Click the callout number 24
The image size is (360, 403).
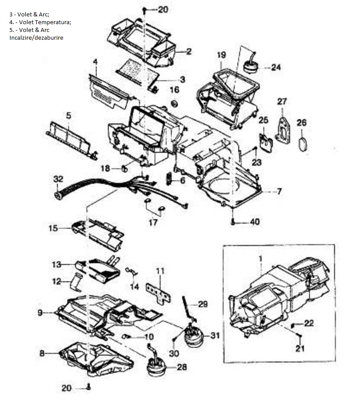pyautogui.click(x=276, y=67)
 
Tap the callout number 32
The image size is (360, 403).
pyautogui.click(x=58, y=179)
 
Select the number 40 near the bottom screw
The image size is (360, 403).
pyautogui.click(x=255, y=222)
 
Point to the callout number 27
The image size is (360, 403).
pyautogui.click(x=282, y=101)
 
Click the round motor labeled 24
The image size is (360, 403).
pyautogui.click(x=250, y=66)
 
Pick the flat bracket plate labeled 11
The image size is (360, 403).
pyautogui.click(x=158, y=292)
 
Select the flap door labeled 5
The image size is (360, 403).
pyautogui.click(x=70, y=137)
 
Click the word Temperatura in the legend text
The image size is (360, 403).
pyautogui.click(x=54, y=22)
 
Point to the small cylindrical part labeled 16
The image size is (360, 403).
pyautogui.click(x=175, y=104)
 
